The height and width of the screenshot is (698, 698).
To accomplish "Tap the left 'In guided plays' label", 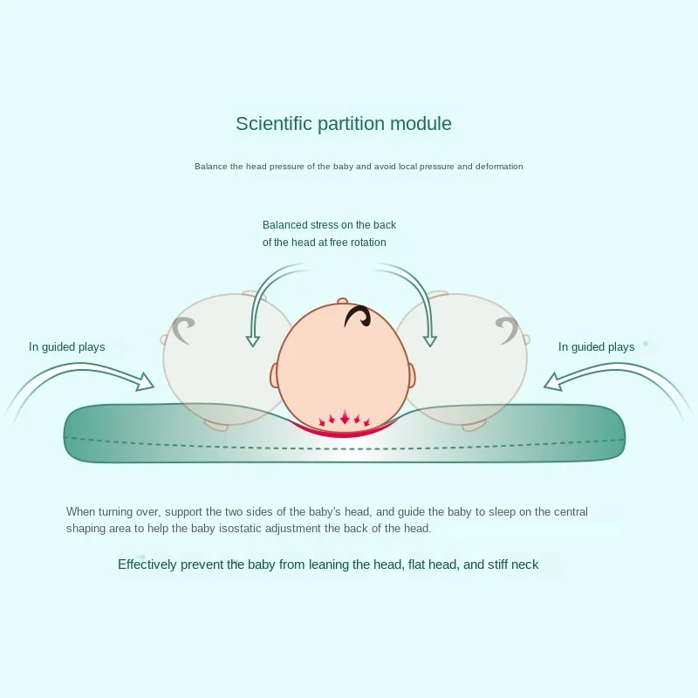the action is tap(66, 347).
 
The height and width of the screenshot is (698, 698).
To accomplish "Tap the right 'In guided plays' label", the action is tap(596, 347).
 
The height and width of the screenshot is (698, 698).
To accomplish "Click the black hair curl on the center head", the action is tap(359, 316).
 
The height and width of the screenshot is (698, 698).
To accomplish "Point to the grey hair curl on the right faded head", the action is tap(506, 329).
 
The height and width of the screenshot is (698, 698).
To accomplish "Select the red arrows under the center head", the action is tap(345, 420).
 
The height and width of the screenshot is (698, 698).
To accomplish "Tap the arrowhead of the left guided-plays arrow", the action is tap(145, 380).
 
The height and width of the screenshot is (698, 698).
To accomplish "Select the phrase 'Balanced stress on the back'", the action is tap(329, 225).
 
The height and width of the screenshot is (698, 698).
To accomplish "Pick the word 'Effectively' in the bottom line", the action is tap(147, 565).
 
